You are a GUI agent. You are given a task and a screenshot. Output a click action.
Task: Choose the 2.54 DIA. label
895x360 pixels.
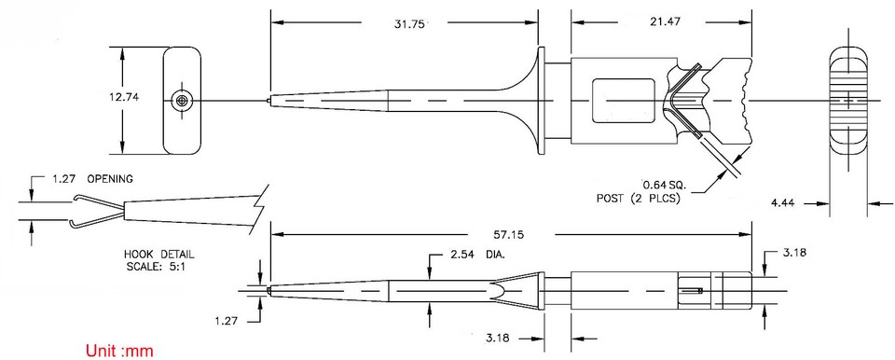(x=477, y=254)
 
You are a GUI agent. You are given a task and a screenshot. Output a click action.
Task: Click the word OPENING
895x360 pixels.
(x=110, y=177)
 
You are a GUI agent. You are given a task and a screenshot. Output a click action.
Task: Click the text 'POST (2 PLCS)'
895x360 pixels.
(x=639, y=198)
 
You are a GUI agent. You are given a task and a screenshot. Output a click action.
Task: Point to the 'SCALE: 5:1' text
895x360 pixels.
(x=159, y=265)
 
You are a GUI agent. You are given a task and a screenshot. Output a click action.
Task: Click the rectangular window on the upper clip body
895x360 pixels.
(x=620, y=100)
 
